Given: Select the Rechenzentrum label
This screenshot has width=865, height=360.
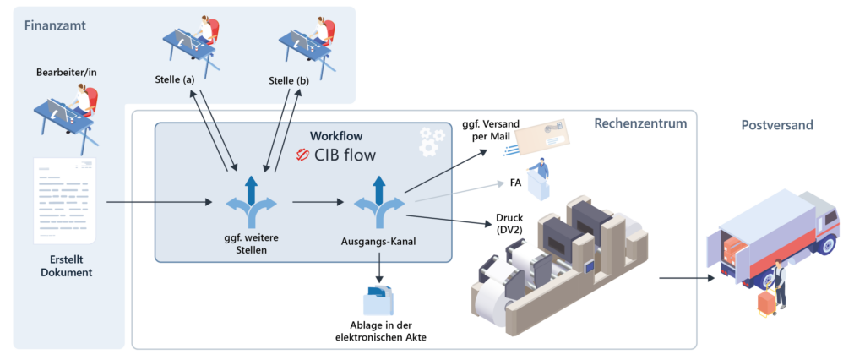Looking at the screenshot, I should [640, 124].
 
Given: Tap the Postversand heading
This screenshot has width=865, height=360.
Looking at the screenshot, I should [777, 124].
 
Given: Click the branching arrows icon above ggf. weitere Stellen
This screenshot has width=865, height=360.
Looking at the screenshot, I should [249, 203].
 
